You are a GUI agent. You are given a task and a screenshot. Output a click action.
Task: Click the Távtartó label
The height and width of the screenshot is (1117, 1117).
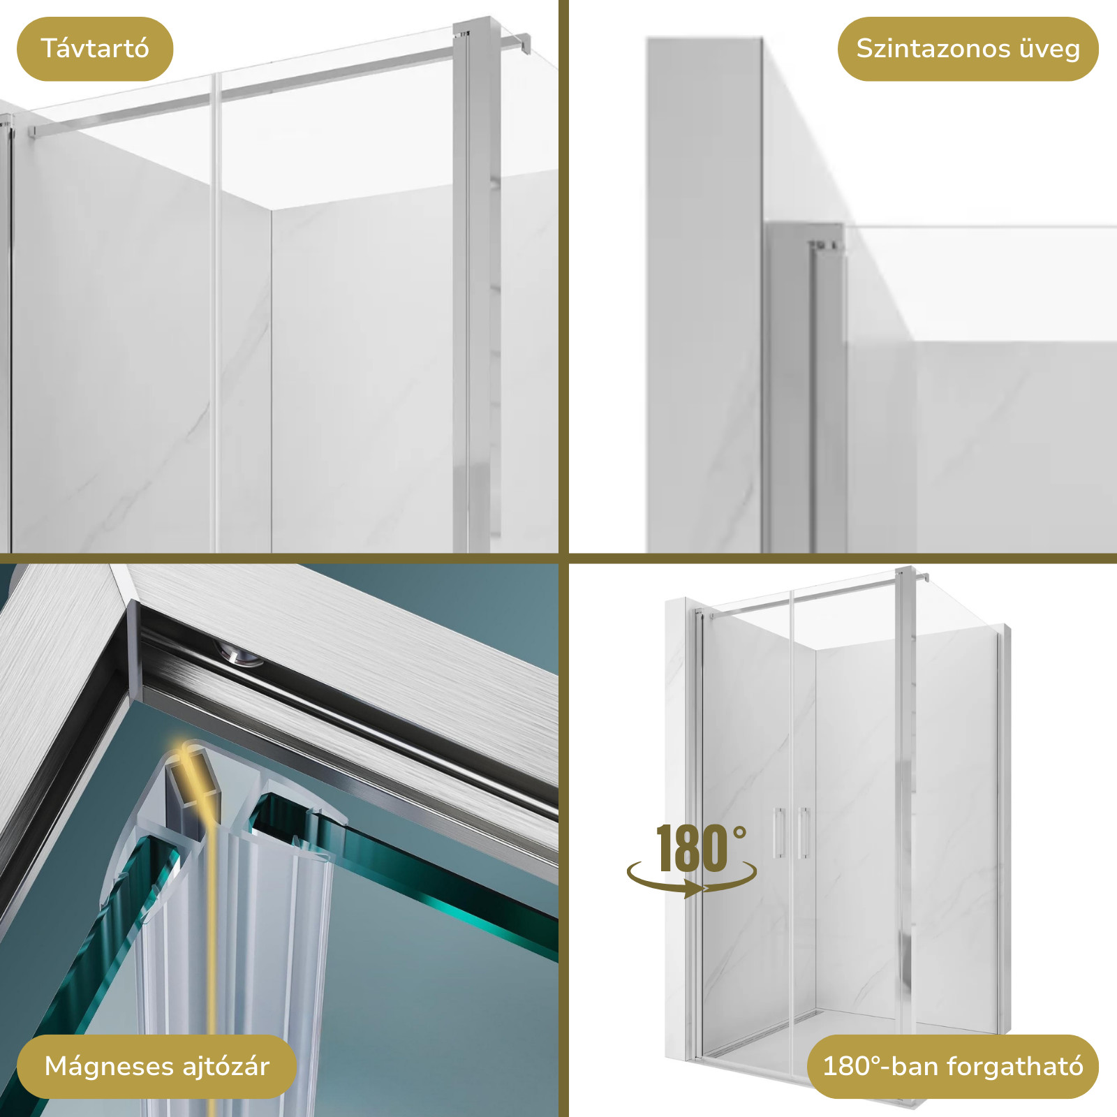tap(95, 49)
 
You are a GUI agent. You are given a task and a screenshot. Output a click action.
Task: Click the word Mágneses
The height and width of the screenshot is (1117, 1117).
tap(108, 1067)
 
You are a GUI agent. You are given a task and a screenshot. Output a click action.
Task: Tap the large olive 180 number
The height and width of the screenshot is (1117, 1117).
tap(692, 849)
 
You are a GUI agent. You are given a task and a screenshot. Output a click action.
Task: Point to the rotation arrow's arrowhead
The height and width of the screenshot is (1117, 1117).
tap(695, 889)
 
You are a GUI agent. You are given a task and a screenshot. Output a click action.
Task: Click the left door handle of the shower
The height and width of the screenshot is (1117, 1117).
tap(778, 833)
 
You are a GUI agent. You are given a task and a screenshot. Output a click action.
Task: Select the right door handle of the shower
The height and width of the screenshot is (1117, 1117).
tap(803, 833)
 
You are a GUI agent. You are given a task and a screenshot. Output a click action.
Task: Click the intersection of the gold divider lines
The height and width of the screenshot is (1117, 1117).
tap(564, 558)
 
